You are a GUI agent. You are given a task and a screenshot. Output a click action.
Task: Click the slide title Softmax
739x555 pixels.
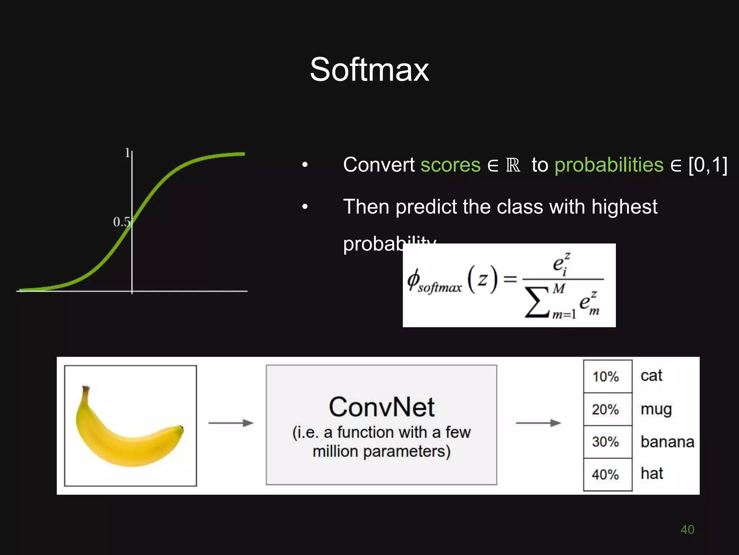point(369,69)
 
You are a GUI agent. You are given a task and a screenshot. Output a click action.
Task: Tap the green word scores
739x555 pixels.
point(450,165)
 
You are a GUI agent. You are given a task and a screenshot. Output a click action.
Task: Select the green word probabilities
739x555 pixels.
point(609,165)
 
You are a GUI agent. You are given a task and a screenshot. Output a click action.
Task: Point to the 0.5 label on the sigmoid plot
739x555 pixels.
point(121,222)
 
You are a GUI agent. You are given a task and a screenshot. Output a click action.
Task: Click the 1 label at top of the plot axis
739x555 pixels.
point(127,153)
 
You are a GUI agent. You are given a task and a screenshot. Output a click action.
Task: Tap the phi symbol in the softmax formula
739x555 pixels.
point(414,280)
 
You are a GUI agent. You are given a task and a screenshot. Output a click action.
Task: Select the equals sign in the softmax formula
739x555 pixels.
point(510,279)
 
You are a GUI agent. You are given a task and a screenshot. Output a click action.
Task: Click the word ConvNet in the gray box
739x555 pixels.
point(381,407)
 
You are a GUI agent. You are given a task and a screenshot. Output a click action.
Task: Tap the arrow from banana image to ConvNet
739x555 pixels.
point(231,423)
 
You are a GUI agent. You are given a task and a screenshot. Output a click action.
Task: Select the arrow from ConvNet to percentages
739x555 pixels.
point(538,423)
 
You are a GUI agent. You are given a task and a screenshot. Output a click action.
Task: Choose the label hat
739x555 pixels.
point(652,473)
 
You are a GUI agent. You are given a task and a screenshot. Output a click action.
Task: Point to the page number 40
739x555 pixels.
point(687,529)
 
